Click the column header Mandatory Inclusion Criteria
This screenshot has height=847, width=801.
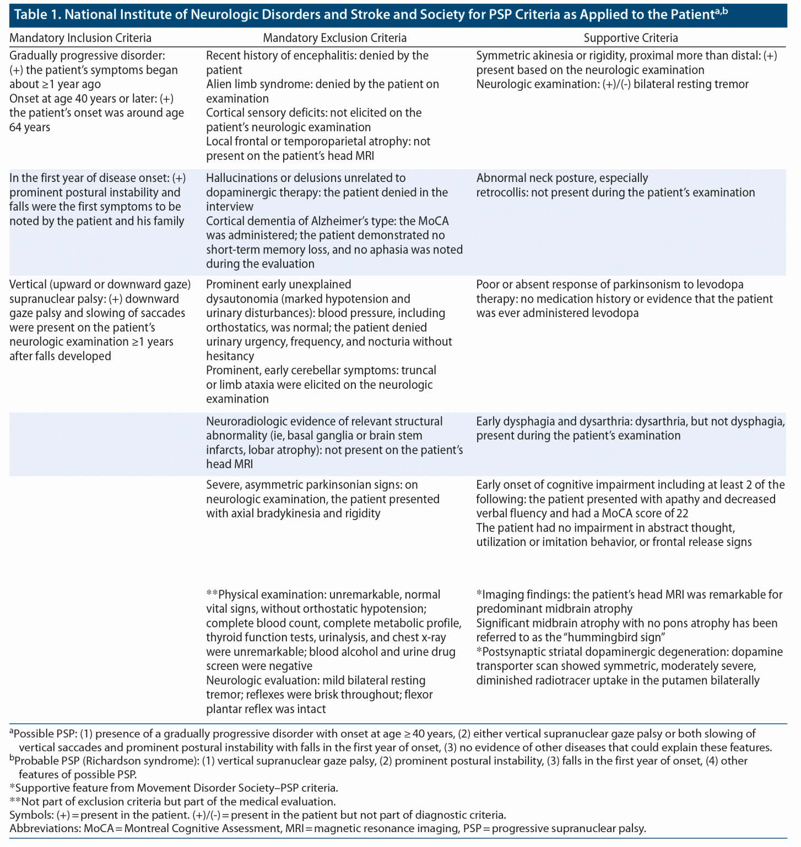point(80,38)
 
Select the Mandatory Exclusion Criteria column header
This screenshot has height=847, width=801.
point(334,38)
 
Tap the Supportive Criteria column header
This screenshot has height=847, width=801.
point(630,38)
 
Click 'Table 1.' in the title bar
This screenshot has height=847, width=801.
point(37,15)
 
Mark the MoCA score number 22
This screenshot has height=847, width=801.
point(682,513)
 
